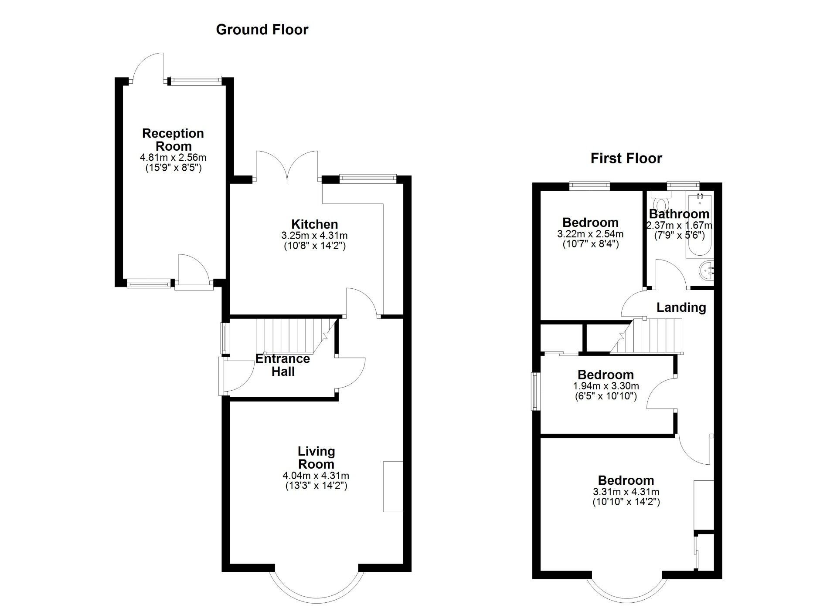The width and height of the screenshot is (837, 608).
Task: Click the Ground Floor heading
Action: tap(262, 30)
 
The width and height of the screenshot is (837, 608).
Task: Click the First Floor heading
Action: tap(626, 158)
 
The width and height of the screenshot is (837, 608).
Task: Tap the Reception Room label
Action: tap(173, 139)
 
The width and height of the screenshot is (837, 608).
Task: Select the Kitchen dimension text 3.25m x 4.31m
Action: tap(314, 236)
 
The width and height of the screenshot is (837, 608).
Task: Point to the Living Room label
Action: tap(316, 457)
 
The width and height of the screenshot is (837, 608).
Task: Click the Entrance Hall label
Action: tap(282, 365)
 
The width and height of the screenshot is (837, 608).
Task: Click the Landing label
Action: tap(681, 307)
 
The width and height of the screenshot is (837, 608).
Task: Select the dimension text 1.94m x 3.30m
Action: tap(606, 386)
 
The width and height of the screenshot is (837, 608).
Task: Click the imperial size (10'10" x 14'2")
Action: tap(626, 502)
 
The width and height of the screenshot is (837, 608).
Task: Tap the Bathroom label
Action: tap(679, 214)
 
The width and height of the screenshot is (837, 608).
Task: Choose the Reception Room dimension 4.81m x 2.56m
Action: tap(173, 157)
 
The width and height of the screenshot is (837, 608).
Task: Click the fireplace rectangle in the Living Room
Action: tap(393, 486)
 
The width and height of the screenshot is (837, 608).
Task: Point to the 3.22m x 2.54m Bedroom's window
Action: tap(590, 186)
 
